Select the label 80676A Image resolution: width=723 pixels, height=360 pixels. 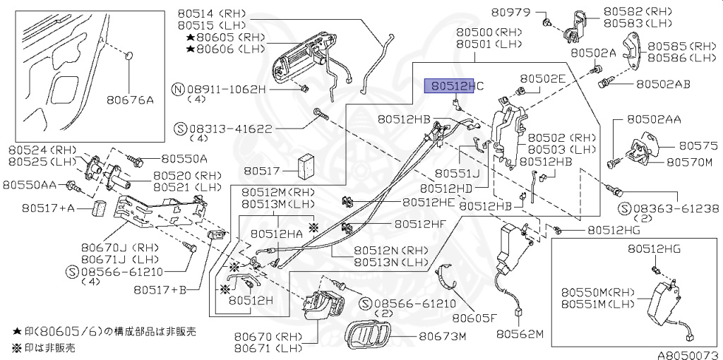tap(131, 100)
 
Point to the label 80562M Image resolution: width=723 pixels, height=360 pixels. tap(520, 332)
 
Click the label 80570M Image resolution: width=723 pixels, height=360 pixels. tap(688, 162)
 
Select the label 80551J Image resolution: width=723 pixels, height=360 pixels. tap(457, 172)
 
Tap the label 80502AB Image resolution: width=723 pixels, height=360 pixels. tap(662, 83)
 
